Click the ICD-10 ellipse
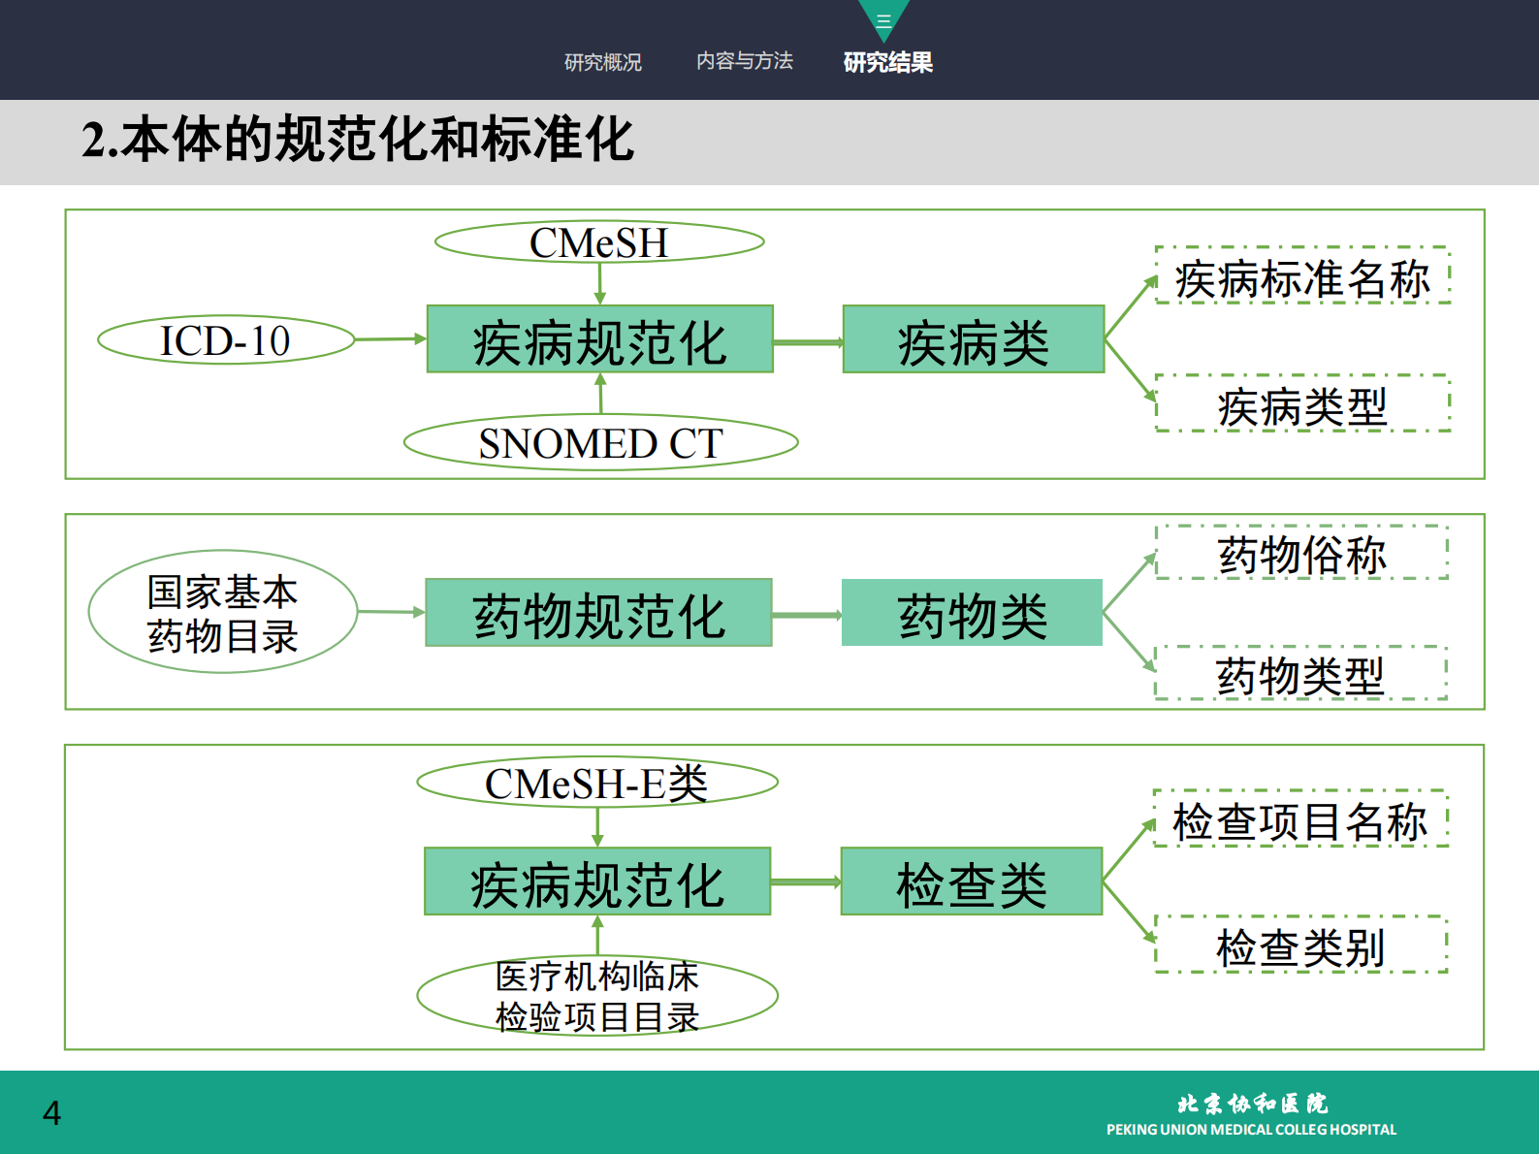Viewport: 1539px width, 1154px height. point(226,340)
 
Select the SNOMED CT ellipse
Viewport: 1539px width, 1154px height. point(601,443)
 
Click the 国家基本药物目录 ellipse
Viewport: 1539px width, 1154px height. point(223,613)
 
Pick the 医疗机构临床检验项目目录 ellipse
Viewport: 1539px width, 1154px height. point(597,996)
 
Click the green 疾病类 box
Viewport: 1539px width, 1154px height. point(974,339)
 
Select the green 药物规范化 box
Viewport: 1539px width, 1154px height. point(598,613)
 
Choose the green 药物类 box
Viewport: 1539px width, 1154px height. point(972,613)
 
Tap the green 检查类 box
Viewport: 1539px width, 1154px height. point(972,882)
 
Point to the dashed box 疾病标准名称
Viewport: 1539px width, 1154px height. point(1302,276)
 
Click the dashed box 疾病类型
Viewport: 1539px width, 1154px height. point(1302,403)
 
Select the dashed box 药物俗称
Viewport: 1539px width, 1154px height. point(1301,553)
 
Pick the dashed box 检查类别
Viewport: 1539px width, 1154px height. point(1300,945)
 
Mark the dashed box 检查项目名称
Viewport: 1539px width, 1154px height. point(1300,819)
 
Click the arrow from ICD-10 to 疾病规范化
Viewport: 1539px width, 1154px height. point(391,339)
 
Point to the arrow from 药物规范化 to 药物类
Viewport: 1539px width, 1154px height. point(807,614)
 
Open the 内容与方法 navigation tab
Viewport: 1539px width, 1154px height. point(745,61)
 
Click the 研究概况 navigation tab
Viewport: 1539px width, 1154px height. point(603,62)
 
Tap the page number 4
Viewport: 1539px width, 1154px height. point(52,1112)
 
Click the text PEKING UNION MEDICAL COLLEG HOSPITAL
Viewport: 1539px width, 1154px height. point(1251,1129)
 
